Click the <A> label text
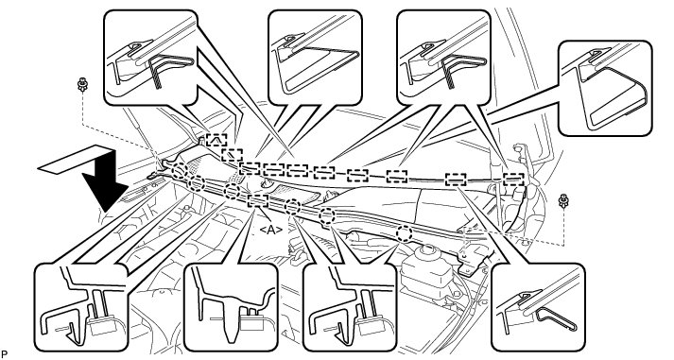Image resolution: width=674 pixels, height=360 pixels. [270, 231]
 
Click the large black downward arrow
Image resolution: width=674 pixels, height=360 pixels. [104, 185]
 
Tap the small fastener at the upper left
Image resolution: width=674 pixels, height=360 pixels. [80, 84]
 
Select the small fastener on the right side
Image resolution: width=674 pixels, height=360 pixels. [562, 200]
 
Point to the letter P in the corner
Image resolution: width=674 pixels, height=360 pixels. [5, 354]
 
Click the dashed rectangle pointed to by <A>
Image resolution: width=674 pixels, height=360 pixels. [258, 200]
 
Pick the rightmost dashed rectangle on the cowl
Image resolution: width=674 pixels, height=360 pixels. [513, 179]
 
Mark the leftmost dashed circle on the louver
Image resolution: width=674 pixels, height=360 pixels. [180, 170]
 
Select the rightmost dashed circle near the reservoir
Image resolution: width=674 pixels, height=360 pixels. [404, 233]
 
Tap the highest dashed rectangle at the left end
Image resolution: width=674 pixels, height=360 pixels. [216, 140]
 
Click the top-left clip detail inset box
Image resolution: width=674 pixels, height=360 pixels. [150, 58]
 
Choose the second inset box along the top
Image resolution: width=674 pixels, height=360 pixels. [315, 58]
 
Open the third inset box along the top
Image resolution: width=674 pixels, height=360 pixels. [443, 58]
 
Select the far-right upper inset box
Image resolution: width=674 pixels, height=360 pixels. [605, 88]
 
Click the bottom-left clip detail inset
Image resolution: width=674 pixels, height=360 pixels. [80, 307]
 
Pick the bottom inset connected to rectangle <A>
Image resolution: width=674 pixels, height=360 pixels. [231, 307]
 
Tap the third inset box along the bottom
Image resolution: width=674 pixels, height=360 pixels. [350, 307]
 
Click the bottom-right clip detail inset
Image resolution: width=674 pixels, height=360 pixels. [538, 307]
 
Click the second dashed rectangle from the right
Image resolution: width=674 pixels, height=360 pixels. [456, 180]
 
